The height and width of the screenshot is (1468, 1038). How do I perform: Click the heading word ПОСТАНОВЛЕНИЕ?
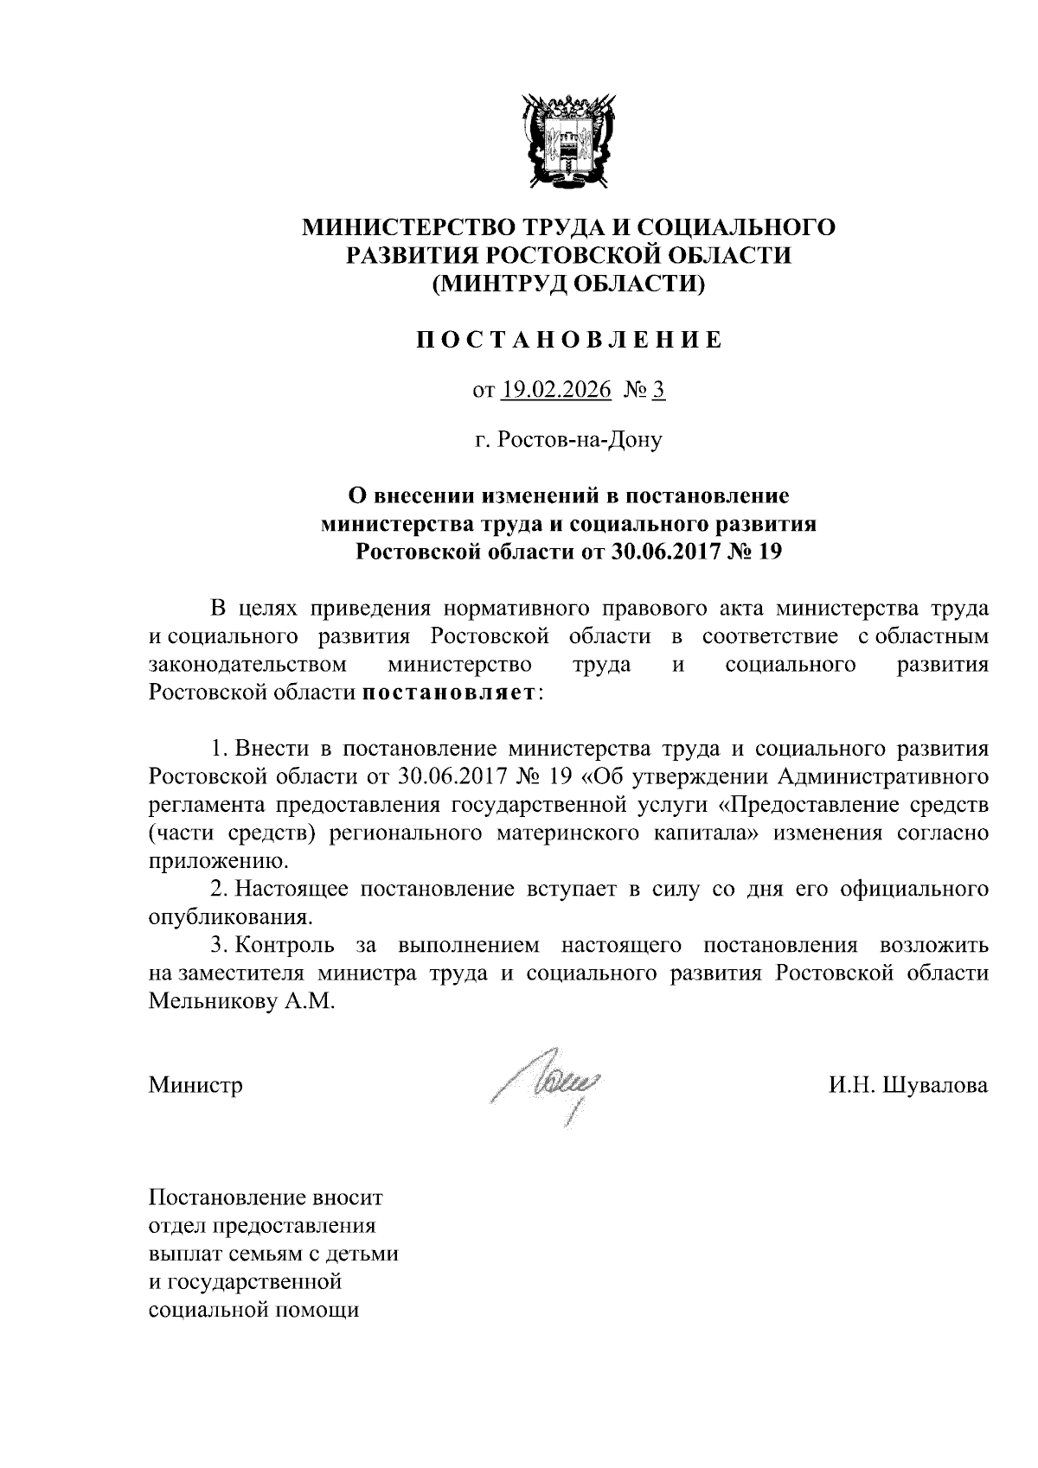(568, 341)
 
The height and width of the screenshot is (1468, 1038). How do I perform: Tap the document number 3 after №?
(658, 391)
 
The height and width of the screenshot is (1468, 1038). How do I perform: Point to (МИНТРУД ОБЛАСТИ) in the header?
(568, 283)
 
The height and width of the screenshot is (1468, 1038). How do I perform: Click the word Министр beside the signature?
(195, 1085)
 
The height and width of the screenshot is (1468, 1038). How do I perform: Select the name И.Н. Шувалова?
(907, 1085)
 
